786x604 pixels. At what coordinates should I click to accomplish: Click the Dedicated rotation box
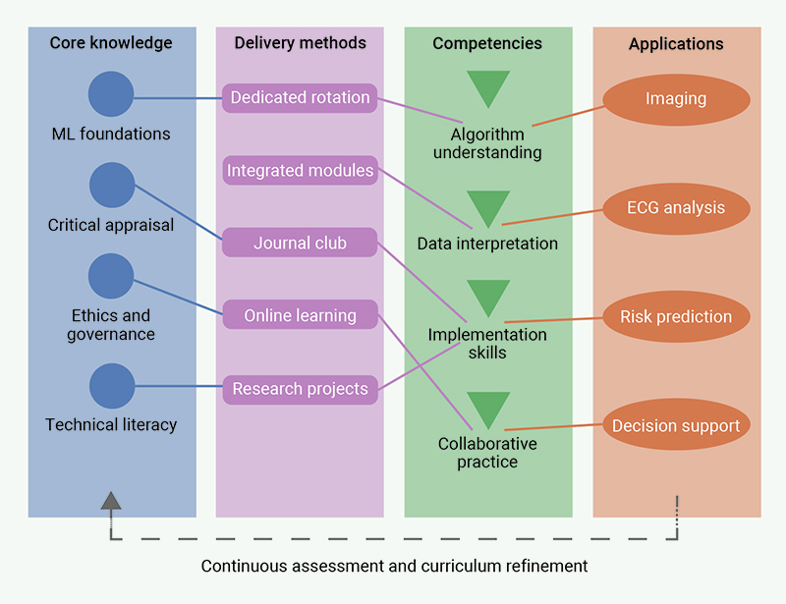click(300, 98)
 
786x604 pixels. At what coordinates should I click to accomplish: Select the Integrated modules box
click(300, 171)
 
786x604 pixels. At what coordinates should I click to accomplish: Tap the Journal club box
click(300, 243)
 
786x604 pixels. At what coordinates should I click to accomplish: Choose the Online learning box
click(300, 315)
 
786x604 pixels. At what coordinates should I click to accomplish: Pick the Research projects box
click(300, 389)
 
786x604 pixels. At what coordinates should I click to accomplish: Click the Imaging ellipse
click(676, 99)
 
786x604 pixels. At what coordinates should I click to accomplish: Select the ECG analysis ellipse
click(676, 208)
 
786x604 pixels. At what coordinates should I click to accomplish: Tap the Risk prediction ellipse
click(676, 317)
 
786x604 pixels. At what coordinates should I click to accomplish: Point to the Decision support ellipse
click(676, 426)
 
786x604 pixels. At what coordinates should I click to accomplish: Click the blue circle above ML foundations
click(111, 95)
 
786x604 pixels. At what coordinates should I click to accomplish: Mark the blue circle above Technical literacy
click(111, 386)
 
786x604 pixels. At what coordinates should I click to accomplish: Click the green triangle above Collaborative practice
click(488, 409)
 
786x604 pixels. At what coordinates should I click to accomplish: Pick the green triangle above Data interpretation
click(488, 208)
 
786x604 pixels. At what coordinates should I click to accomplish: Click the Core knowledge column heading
click(111, 43)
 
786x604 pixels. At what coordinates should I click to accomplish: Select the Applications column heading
click(676, 44)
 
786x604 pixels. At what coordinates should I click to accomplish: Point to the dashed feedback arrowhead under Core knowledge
click(111, 501)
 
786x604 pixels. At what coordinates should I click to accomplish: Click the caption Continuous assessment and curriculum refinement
click(394, 567)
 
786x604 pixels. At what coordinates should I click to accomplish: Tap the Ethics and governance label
click(111, 325)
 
